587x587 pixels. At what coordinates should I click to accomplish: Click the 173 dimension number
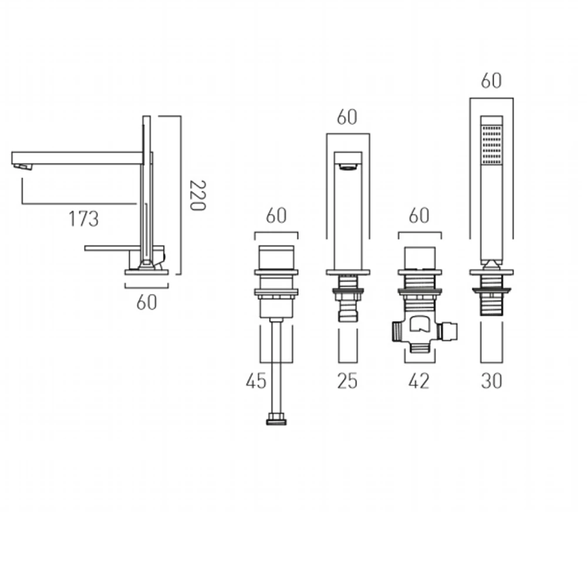tap(83, 219)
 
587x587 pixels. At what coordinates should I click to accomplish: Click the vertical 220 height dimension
tap(197, 195)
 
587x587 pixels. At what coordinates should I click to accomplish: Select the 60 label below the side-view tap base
tap(147, 302)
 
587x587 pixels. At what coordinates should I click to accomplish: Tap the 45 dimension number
tap(256, 381)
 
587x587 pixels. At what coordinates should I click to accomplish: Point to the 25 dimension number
tap(348, 381)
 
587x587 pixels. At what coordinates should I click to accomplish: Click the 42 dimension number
tap(418, 381)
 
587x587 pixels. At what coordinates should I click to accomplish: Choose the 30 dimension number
tap(491, 381)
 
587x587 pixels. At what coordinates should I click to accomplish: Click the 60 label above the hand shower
tap(491, 81)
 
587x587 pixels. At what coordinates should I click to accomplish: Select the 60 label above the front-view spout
tap(347, 117)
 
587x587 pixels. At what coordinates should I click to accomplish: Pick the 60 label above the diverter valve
tap(418, 216)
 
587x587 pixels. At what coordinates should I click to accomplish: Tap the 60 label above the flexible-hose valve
tap(276, 216)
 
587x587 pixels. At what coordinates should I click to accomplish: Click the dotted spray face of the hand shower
tap(491, 144)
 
